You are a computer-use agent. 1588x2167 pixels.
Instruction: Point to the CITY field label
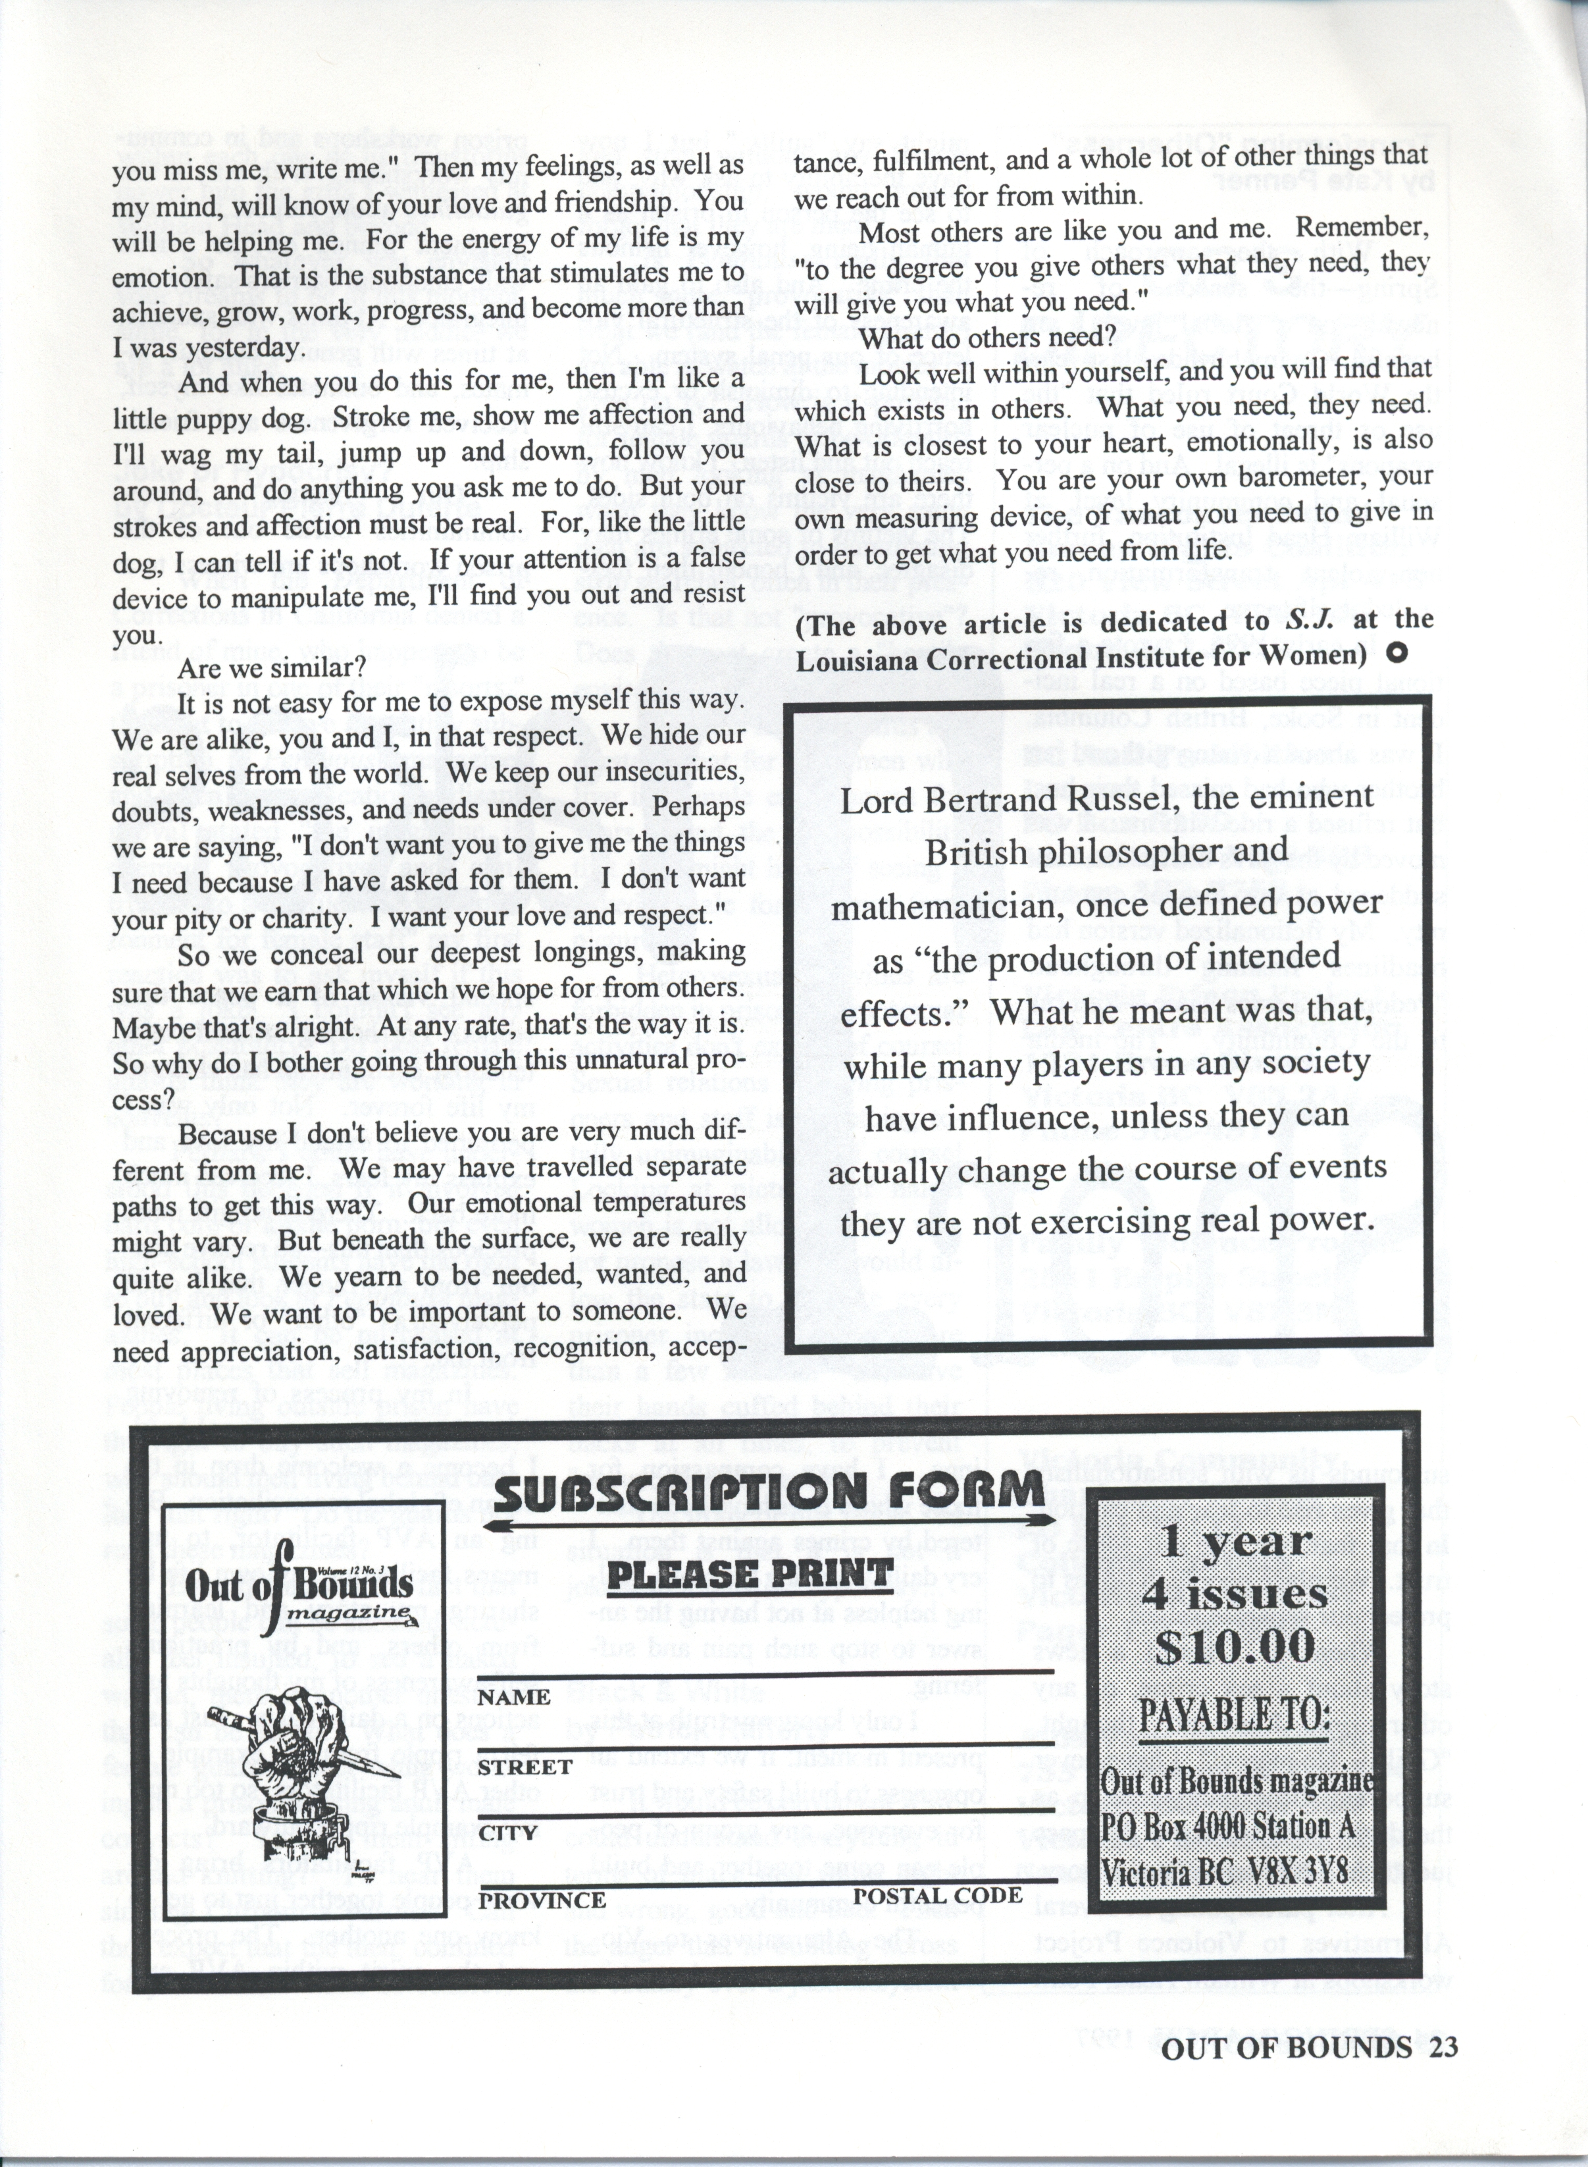tap(507, 1833)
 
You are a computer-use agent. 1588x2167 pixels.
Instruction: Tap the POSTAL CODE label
tap(937, 1895)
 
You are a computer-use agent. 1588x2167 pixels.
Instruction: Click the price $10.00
tap(1235, 1647)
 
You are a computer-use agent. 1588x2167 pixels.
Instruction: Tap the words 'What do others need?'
tap(985, 338)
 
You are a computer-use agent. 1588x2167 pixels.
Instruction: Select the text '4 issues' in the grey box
tap(1235, 1595)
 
